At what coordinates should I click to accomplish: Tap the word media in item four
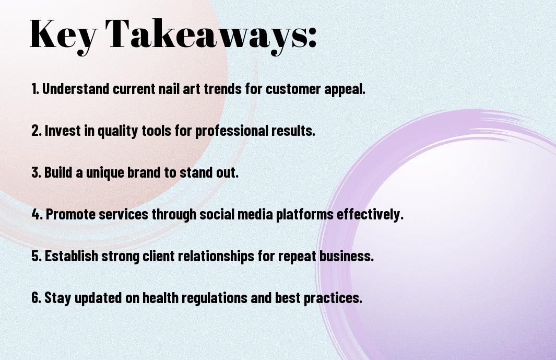coord(255,214)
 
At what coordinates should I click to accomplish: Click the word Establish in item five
coord(72,256)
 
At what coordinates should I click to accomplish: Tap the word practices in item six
coord(333,298)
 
